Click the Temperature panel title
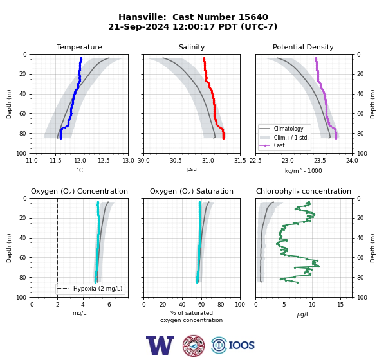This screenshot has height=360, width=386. (79, 47)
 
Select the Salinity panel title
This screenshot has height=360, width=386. (192, 47)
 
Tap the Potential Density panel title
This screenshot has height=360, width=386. (303, 47)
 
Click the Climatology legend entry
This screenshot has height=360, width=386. (288, 129)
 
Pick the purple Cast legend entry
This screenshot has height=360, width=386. (279, 145)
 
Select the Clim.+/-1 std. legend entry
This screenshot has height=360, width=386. (291, 138)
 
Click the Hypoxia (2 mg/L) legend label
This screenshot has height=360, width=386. (98, 289)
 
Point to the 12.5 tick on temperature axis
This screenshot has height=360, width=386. (104, 161)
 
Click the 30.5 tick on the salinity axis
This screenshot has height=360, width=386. (176, 161)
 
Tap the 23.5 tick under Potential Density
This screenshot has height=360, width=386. (320, 161)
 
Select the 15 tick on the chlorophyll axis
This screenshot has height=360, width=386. (340, 305)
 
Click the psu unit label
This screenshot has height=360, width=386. (192, 169)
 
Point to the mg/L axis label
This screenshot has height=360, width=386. (79, 313)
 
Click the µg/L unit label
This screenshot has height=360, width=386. (303, 314)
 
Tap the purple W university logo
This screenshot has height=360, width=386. (160, 345)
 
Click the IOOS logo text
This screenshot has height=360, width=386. (241, 345)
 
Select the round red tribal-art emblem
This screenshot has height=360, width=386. (194, 345)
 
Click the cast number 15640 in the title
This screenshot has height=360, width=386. (253, 17)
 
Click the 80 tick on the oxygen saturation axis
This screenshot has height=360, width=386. (221, 305)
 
